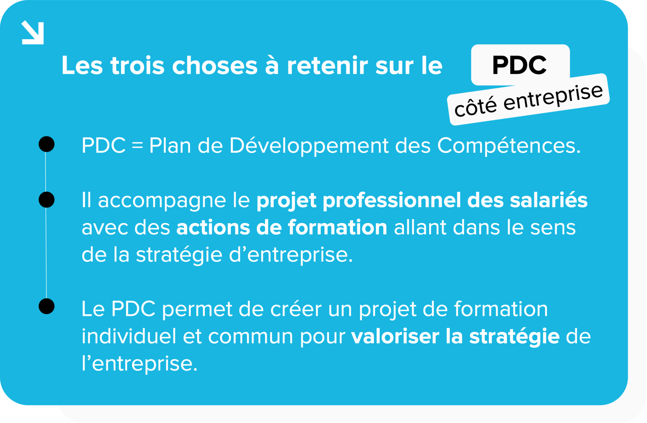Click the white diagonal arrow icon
[33, 33]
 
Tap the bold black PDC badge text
[519, 65]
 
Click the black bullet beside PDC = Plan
[47, 144]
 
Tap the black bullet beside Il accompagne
[47, 200]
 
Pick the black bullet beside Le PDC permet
[47, 306]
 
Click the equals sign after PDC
[137, 146]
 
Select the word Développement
[309, 146]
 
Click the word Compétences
[509, 146]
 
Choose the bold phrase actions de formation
[282, 228]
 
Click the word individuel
[129, 336]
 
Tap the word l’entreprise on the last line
[139, 364]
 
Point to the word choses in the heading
[215, 66]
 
